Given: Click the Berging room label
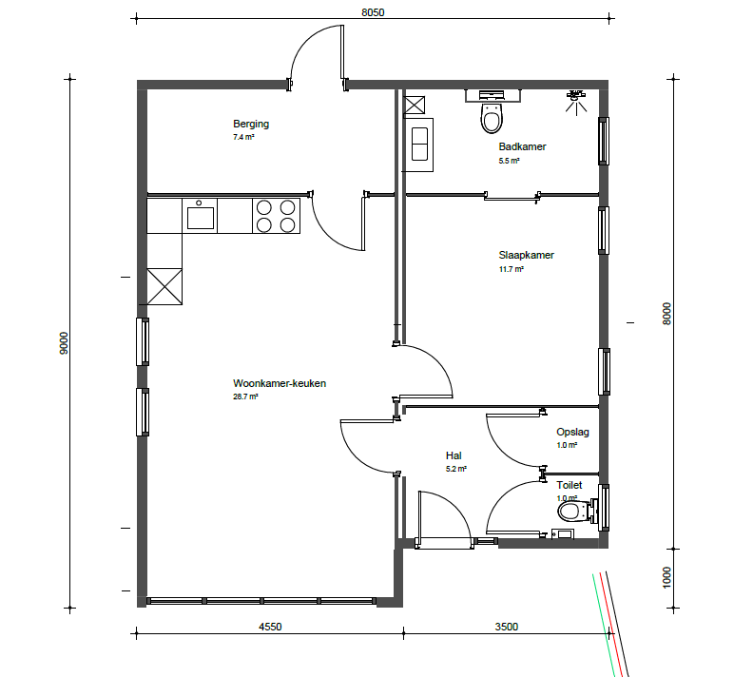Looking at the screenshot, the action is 251,124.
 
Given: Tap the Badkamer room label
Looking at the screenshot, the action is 522,146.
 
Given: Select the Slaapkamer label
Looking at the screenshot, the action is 526,255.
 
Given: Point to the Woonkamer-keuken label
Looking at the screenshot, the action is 280,383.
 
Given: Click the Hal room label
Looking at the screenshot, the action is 454,455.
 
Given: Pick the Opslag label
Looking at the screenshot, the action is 572,432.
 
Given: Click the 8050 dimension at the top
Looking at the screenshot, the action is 373,12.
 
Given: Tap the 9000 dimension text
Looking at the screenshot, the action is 64,343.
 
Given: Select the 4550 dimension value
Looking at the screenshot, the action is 270,627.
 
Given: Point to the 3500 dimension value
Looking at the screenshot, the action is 507,627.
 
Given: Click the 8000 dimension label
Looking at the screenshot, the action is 666,314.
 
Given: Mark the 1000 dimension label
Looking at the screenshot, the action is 666,577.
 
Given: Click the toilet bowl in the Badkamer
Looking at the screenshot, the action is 492,118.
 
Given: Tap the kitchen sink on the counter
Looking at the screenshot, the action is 200,216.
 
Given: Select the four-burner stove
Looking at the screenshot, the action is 276,216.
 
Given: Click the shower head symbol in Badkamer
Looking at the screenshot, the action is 576,101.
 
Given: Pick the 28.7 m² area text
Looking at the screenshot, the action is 245,397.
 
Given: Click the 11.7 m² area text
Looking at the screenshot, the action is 512,269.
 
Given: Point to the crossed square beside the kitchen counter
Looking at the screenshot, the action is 164,286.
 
